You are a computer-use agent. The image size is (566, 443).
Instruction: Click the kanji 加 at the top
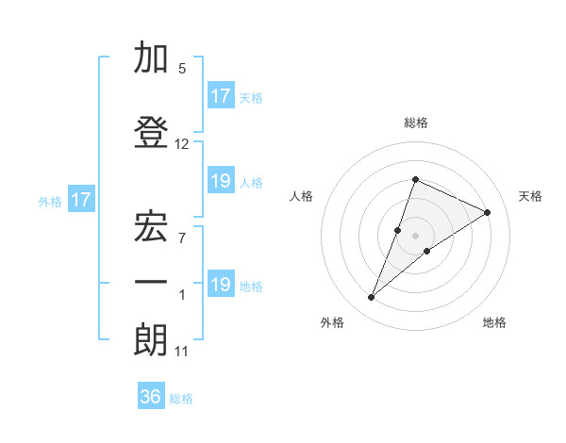151,58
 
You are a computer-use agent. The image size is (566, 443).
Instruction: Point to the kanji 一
151,282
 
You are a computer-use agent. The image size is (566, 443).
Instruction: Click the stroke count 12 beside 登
182,144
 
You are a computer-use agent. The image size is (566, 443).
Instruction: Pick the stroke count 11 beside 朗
182,352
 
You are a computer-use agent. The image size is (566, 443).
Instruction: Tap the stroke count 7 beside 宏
182,238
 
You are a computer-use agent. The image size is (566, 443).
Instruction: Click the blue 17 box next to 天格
220,96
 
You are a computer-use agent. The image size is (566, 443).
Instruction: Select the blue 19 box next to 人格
220,181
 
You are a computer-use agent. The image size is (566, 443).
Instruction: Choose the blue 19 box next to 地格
220,285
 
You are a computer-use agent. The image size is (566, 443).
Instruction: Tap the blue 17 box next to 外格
80,200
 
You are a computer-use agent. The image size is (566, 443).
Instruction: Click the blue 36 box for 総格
151,397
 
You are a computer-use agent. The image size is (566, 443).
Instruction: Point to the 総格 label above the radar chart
415,123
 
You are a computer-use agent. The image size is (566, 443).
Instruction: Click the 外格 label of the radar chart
332,322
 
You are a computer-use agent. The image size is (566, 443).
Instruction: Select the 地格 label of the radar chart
494,322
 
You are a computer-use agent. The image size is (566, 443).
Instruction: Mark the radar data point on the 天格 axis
487,212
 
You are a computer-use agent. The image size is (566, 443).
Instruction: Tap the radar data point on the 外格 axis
371,298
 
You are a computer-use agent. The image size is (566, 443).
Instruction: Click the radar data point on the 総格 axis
415,180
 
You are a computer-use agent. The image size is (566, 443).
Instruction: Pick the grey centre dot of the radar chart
415,235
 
